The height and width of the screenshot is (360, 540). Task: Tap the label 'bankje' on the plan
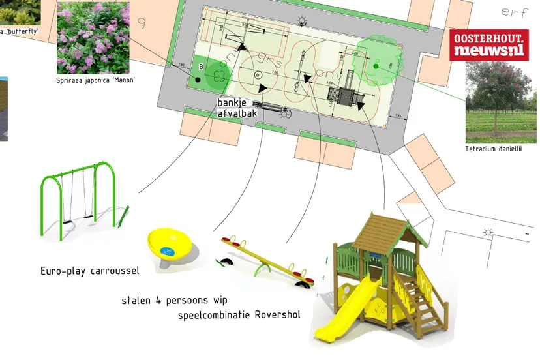click(235, 103)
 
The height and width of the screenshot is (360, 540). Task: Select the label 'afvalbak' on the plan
click(237, 113)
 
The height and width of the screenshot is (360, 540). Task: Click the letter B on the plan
click(201, 67)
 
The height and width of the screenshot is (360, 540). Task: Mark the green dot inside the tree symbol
click(376, 65)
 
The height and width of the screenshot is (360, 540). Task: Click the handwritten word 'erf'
click(514, 12)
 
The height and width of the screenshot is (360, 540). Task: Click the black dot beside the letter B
click(196, 80)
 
